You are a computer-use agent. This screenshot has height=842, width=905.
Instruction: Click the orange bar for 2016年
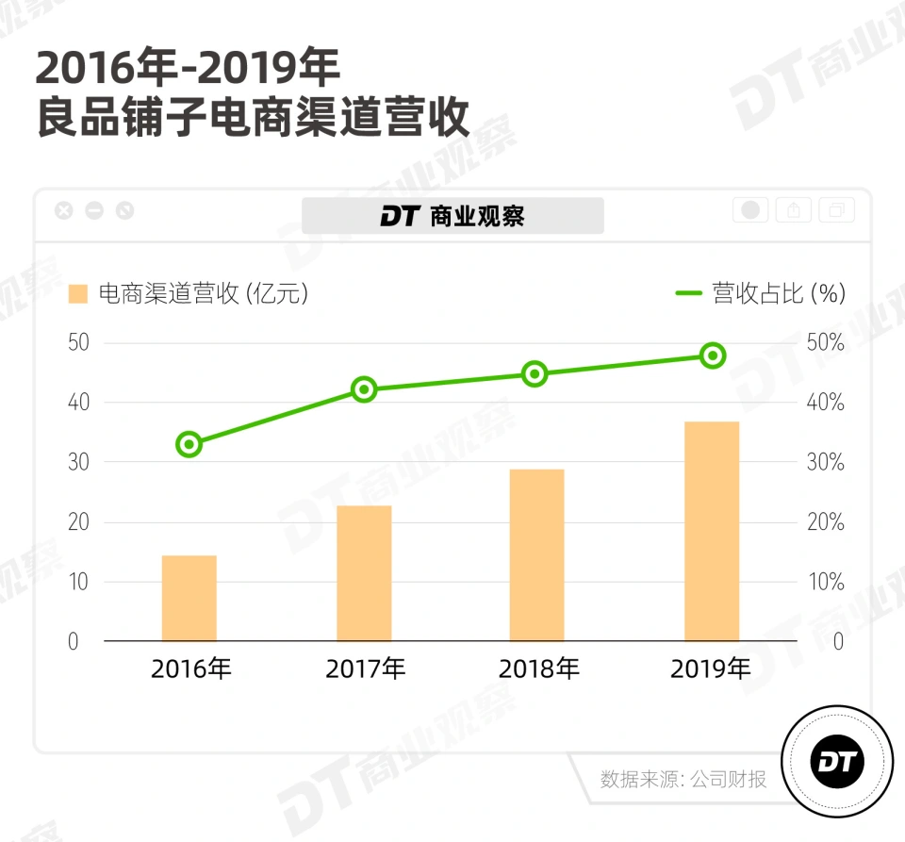click(189, 598)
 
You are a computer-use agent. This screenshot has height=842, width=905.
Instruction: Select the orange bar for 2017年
click(364, 573)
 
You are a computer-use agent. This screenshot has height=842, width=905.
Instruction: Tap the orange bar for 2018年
click(536, 555)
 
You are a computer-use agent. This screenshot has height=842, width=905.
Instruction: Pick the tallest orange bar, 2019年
click(712, 531)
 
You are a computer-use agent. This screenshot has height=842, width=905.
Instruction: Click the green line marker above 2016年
click(189, 444)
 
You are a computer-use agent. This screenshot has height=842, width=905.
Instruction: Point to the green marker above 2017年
click(364, 389)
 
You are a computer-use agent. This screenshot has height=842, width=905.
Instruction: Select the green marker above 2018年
click(535, 374)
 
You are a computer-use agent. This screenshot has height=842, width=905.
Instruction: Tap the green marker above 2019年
click(713, 355)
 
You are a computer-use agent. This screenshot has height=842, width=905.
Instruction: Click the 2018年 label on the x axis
click(538, 669)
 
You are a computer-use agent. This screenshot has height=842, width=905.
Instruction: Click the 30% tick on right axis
click(825, 463)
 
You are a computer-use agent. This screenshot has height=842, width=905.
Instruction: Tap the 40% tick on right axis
click(825, 403)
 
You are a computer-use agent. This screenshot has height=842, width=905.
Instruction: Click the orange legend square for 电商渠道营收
click(78, 294)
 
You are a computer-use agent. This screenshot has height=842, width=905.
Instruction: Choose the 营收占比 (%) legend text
click(779, 293)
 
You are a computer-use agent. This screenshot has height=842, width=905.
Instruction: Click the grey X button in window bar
click(63, 210)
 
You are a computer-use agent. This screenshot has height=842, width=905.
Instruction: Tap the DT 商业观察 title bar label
click(452, 216)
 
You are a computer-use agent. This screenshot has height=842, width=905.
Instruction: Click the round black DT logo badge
click(836, 762)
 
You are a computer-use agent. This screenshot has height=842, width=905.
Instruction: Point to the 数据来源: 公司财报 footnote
click(683, 779)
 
